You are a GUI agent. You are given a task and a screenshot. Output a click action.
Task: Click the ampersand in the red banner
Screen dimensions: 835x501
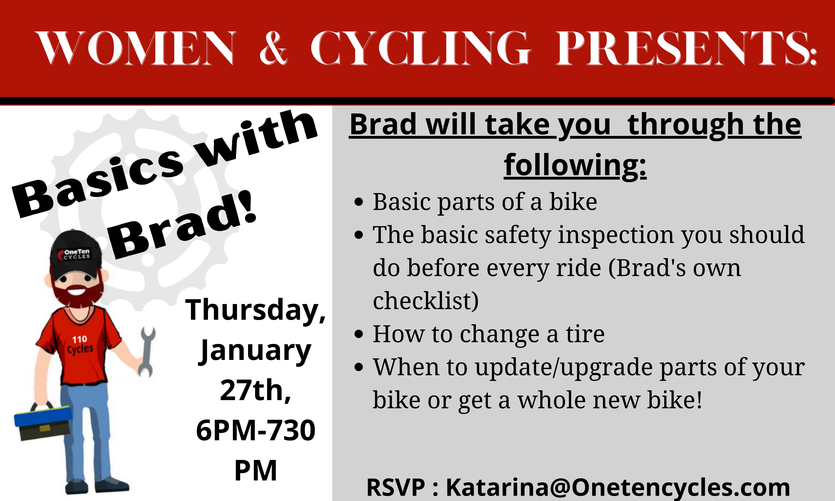click(274, 48)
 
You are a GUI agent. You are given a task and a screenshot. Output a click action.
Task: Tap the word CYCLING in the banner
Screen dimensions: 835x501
click(420, 48)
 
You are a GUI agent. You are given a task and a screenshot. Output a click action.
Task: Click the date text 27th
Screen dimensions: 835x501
click(256, 390)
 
